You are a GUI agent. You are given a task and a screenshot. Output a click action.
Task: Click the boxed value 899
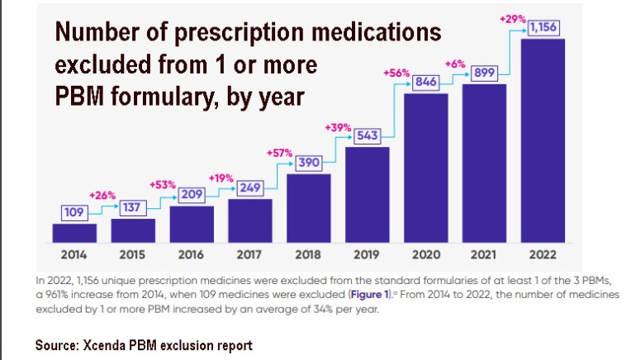tap(484, 73)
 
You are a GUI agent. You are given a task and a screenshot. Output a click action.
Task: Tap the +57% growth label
tap(278, 153)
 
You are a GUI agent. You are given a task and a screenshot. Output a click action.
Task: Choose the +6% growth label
tap(455, 64)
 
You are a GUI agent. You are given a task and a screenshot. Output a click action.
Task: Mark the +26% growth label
tap(102, 195)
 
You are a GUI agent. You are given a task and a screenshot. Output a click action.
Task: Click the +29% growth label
tap(512, 17)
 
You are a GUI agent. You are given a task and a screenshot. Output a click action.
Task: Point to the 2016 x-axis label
tap(192, 254)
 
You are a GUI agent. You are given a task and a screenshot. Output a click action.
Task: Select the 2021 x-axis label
tap(484, 254)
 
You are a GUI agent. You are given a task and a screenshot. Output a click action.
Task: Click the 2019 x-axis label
tap(367, 254)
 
